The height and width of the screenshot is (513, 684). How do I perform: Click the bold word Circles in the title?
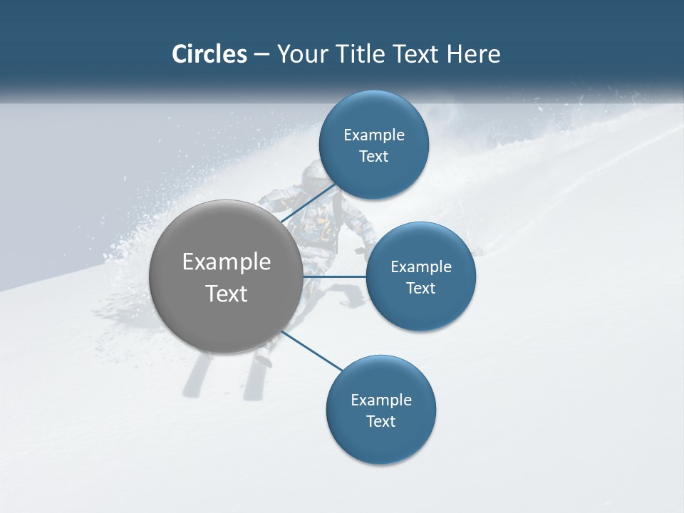point(209,54)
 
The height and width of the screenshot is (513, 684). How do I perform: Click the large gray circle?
point(227,276)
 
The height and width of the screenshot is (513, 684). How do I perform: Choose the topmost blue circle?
point(373,145)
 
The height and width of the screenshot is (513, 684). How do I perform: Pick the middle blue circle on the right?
point(420,276)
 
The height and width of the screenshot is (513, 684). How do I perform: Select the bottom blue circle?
point(380,410)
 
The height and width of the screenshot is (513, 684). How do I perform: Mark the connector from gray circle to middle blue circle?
point(335,276)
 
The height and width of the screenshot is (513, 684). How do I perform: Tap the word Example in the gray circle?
point(227,262)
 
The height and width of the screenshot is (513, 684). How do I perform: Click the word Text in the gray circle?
point(227,294)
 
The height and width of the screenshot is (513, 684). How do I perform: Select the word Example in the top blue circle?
point(374,135)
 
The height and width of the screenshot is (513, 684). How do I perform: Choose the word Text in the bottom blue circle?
point(380,421)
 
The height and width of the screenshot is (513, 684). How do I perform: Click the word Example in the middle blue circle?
point(421,266)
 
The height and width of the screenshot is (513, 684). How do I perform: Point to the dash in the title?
point(261,55)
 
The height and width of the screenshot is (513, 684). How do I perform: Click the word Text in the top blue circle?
point(373,156)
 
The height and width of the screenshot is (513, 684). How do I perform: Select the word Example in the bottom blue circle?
point(381,400)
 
